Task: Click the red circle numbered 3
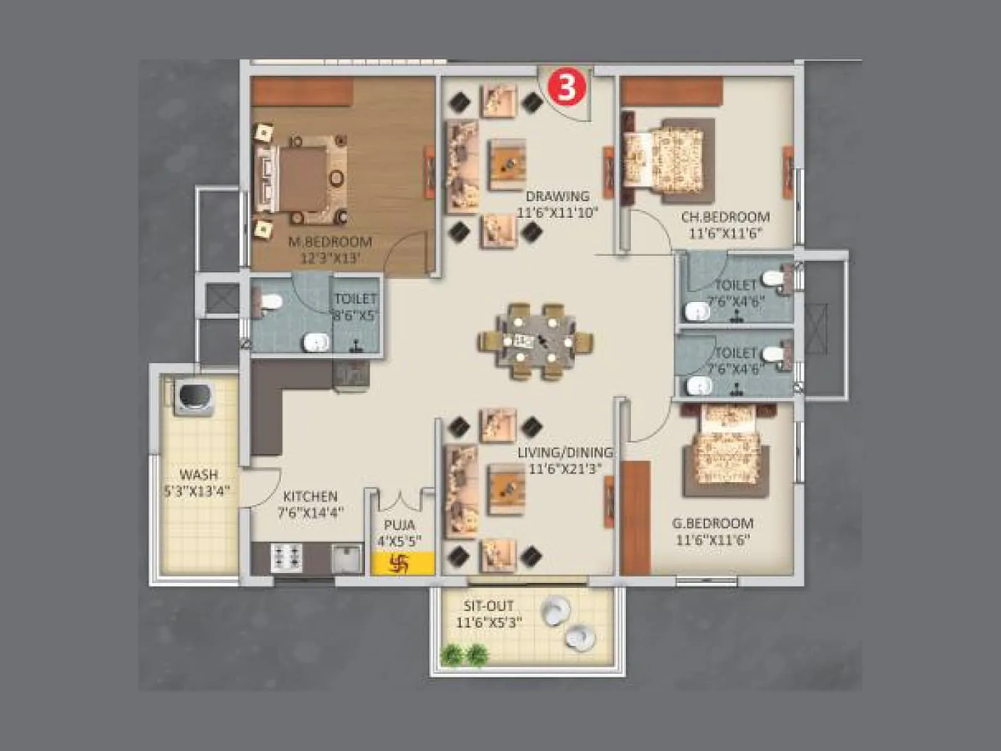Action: click(567, 88)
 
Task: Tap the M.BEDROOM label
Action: click(330, 242)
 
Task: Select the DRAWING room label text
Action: click(557, 196)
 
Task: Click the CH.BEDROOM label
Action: click(725, 217)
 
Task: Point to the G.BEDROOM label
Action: click(713, 523)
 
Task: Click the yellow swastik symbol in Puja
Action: click(399, 565)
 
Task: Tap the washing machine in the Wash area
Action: click(195, 396)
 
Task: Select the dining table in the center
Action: click(536, 342)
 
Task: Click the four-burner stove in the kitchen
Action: click(287, 558)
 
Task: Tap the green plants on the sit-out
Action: click(464, 655)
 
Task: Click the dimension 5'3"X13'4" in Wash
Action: click(197, 491)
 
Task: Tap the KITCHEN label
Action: click(310, 496)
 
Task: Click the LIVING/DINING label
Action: click(565, 452)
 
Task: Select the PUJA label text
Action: click(399, 524)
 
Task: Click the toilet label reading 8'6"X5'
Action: click(355, 315)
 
